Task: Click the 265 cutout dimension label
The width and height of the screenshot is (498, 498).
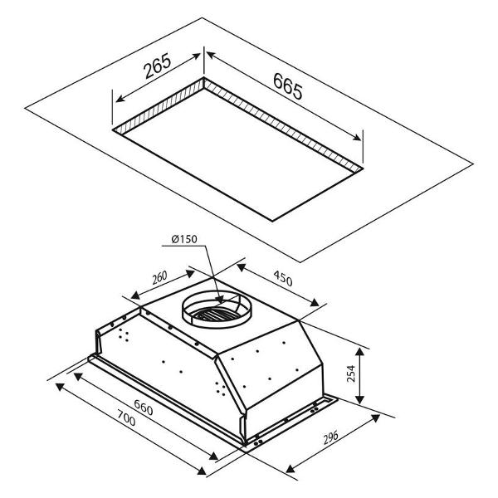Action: pyautogui.click(x=158, y=66)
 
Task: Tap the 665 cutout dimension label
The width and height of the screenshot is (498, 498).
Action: pyautogui.click(x=287, y=86)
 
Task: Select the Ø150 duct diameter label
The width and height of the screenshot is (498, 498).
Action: pyautogui.click(x=184, y=239)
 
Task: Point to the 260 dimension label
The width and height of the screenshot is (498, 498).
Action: pyautogui.click(x=159, y=277)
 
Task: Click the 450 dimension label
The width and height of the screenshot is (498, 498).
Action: pyautogui.click(x=282, y=278)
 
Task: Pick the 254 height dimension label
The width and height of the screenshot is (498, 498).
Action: pyautogui.click(x=351, y=373)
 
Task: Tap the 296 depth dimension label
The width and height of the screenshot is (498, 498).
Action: pyautogui.click(x=330, y=438)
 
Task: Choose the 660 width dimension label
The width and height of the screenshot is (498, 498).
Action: pyautogui.click(x=144, y=408)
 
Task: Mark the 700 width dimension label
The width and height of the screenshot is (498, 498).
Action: pyautogui.click(x=126, y=418)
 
